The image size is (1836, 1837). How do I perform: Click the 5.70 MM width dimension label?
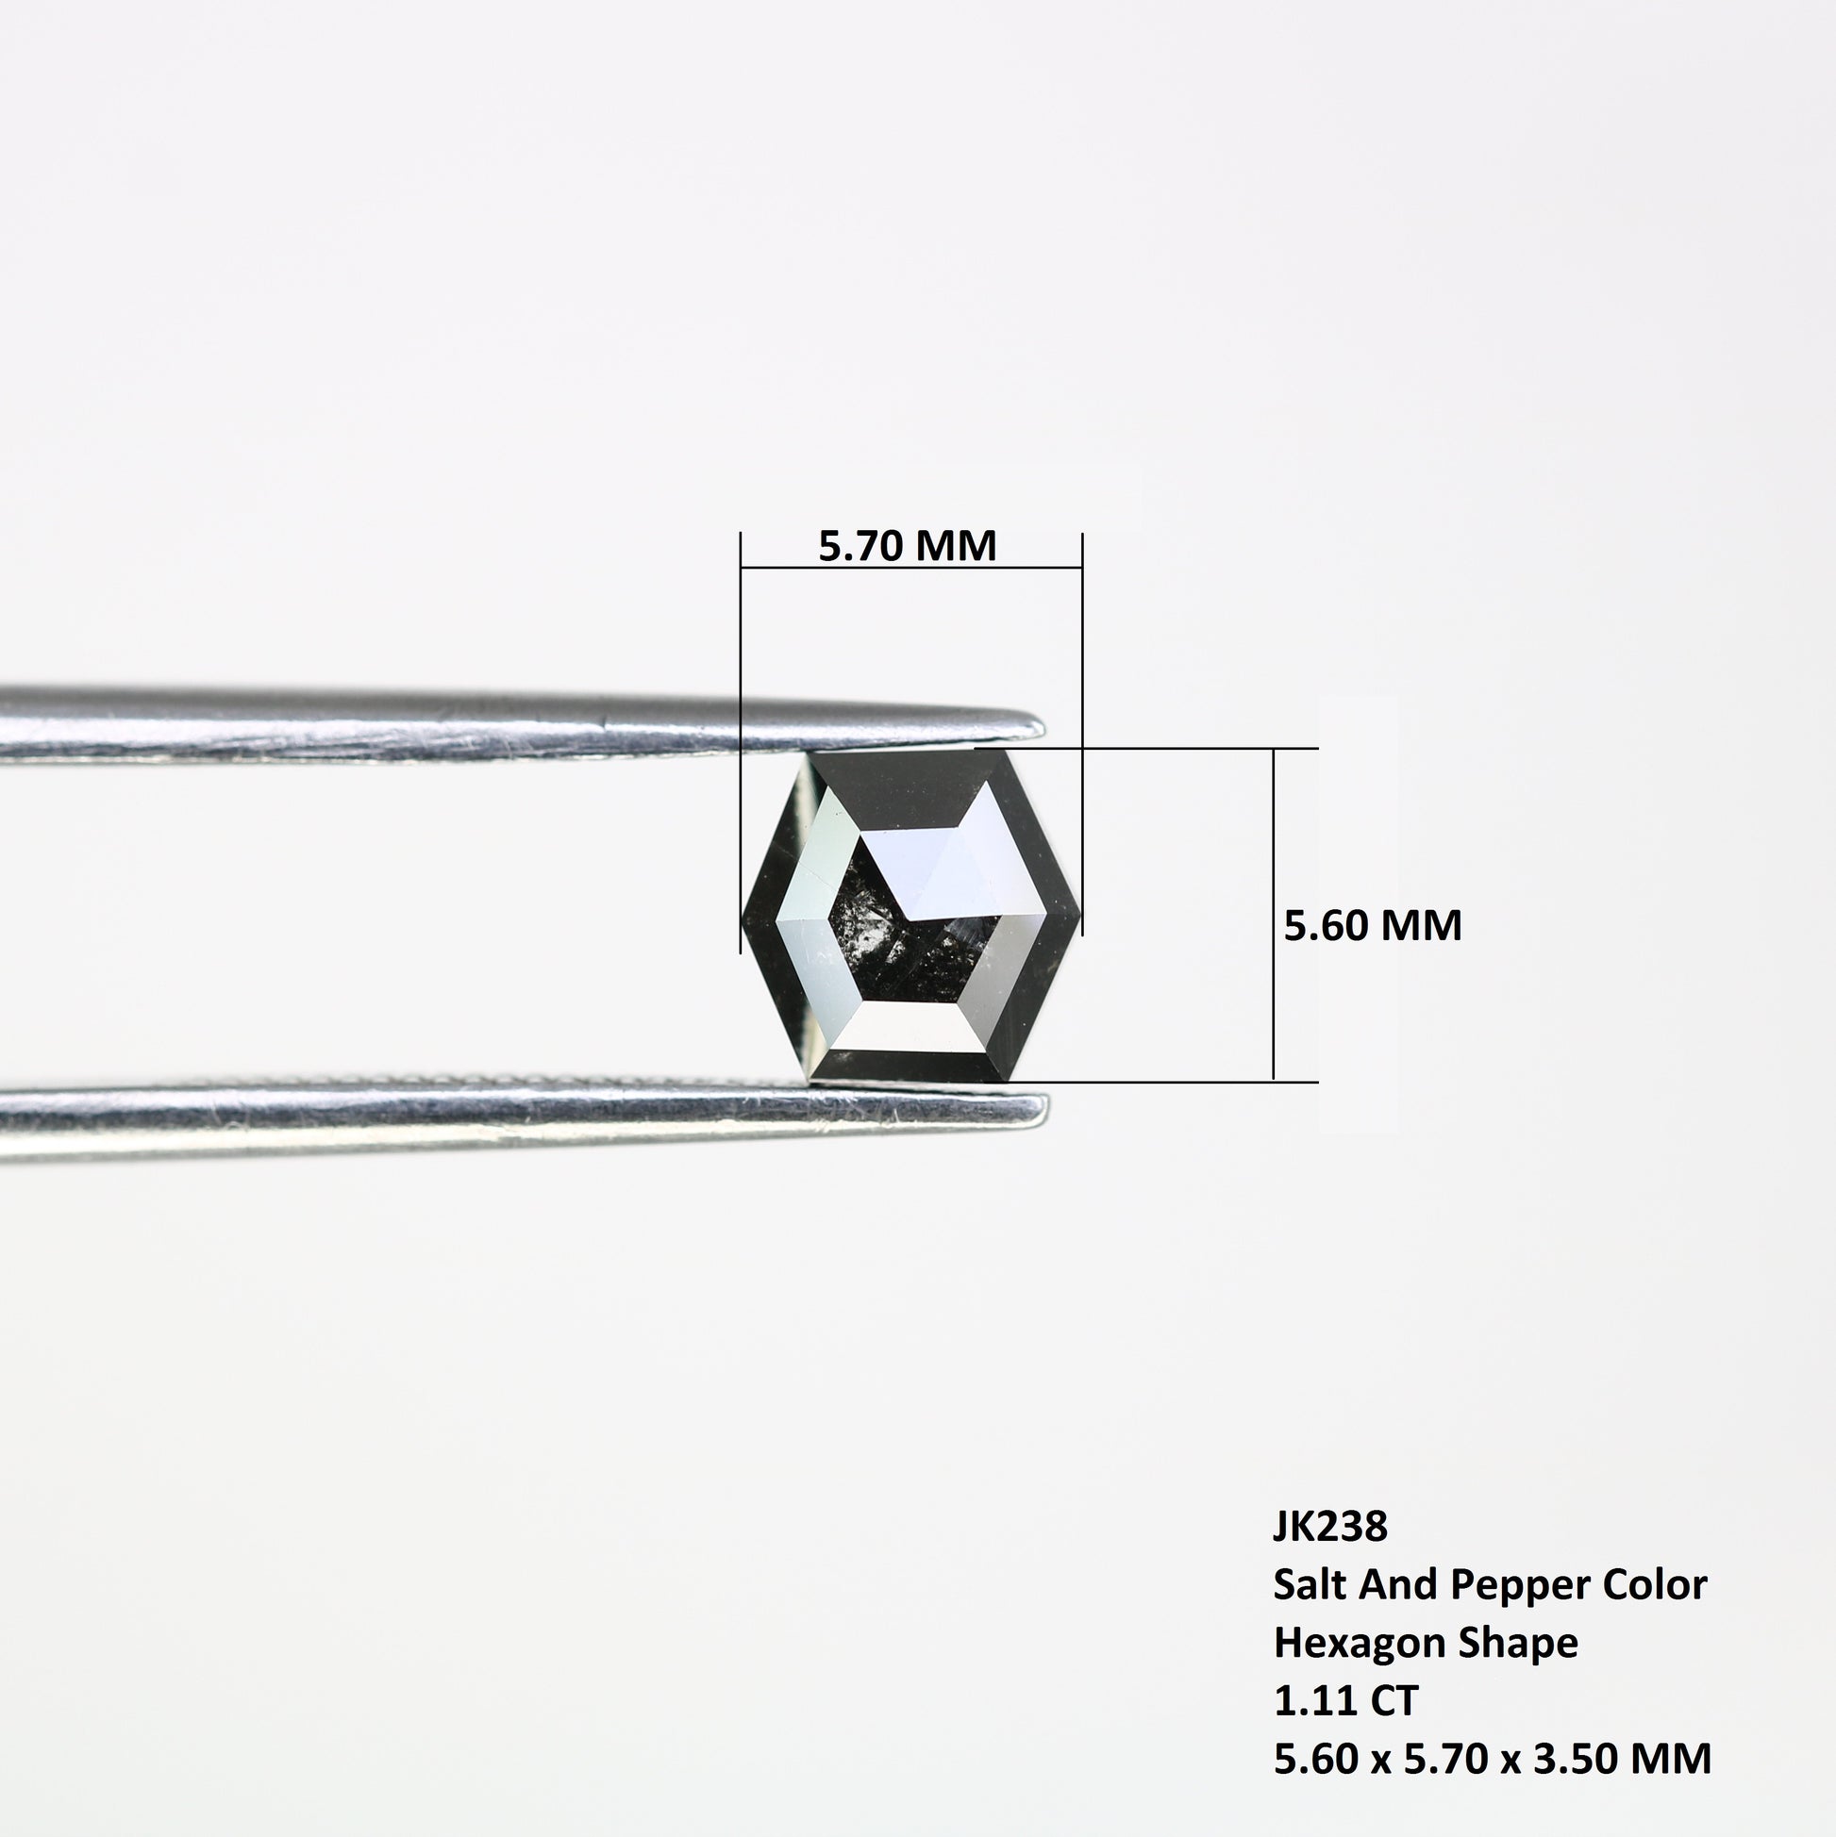(907, 546)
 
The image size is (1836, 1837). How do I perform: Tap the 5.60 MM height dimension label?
(1373, 925)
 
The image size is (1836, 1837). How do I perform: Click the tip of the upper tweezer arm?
(1043, 728)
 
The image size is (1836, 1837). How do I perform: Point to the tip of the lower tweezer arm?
(1047, 1106)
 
